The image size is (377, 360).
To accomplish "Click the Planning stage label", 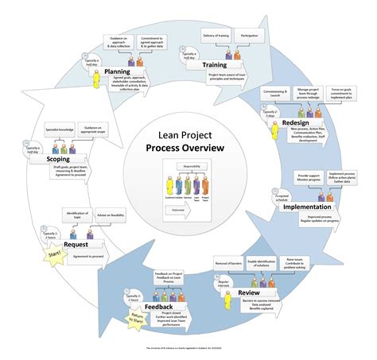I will (122, 72).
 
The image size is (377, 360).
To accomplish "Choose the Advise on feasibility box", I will (111, 216).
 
